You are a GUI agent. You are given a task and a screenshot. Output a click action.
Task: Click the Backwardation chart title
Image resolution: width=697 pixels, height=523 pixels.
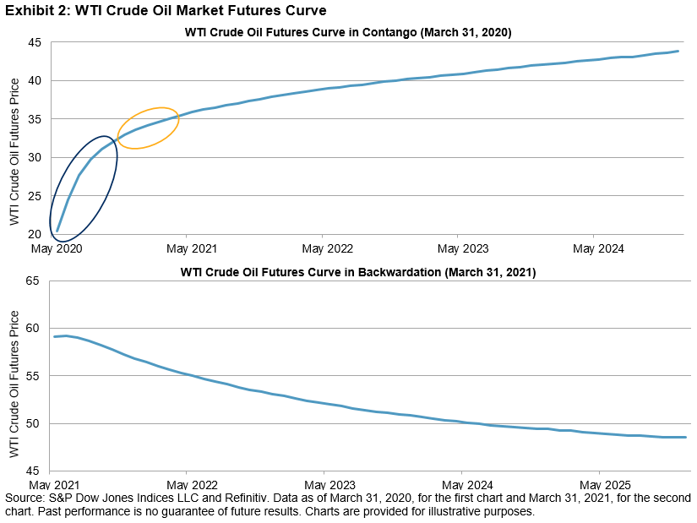(357, 272)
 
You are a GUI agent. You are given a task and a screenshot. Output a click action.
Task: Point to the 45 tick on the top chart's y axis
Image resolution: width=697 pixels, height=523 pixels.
(35, 43)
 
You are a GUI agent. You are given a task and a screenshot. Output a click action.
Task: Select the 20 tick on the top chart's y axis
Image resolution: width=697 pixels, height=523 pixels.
(35, 234)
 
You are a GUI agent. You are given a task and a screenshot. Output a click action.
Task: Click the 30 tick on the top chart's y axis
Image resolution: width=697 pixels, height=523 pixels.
(35, 158)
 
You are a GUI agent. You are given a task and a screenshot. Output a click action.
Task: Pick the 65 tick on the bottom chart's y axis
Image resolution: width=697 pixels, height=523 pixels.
(35, 281)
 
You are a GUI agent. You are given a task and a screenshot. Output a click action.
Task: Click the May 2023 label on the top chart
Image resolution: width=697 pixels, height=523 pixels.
(463, 249)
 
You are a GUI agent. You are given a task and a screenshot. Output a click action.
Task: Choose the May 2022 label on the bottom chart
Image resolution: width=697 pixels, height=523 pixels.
(188, 486)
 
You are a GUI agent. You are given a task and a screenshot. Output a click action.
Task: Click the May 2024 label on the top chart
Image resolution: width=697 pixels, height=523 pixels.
(599, 249)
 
